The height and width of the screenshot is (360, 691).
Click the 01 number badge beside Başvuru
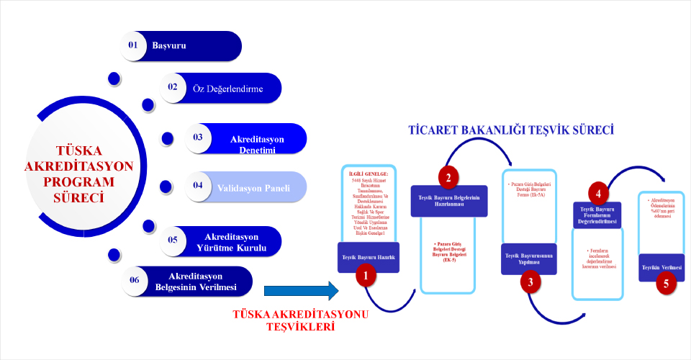[x=133, y=45]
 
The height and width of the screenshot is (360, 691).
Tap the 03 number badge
[x=198, y=137]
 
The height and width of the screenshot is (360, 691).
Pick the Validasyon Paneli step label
[x=253, y=188]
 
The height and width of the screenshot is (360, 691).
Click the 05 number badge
[x=173, y=239]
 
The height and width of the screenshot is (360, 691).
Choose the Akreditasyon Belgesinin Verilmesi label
[x=196, y=282]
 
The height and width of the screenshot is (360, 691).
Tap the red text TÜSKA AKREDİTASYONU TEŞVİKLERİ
[x=302, y=320]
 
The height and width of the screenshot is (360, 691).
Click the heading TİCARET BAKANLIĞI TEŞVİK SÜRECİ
[x=510, y=130]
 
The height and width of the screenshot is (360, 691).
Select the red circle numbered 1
[x=366, y=275]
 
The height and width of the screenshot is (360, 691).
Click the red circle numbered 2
[x=448, y=177]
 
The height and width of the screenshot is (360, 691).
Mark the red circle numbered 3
[x=530, y=282]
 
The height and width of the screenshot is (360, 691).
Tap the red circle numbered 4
[x=597, y=193]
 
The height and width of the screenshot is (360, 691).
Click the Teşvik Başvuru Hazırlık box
[x=368, y=256]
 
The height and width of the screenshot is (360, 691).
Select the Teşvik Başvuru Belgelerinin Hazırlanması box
[x=448, y=200]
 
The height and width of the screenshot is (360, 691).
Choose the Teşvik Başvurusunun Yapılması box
[x=529, y=258]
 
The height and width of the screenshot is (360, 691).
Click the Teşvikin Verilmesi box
[x=661, y=266]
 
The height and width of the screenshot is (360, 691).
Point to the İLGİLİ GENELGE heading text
[x=368, y=174]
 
